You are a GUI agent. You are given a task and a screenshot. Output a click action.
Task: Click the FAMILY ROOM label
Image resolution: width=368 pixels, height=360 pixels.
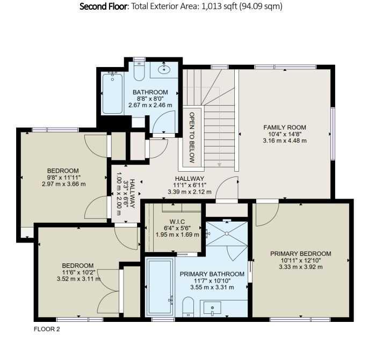(x=285, y=128)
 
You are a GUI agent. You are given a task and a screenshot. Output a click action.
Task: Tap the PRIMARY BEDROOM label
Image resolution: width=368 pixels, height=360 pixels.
(x=301, y=254)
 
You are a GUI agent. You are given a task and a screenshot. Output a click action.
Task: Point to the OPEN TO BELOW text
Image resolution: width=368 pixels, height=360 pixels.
(x=192, y=137)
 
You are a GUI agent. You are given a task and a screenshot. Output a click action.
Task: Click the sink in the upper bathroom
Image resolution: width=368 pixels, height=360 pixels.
(x=164, y=69)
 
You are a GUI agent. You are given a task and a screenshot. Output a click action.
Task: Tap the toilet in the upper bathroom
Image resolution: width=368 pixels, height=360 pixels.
(x=139, y=71)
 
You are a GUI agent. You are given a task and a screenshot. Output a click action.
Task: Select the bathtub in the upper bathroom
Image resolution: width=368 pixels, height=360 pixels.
(x=113, y=93)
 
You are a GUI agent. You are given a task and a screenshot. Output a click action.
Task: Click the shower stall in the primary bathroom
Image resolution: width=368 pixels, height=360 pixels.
(x=227, y=233)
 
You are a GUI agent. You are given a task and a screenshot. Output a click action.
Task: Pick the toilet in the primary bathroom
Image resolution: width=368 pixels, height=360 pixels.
(x=188, y=307)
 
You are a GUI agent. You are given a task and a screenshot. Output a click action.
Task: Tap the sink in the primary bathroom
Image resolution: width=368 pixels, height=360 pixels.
(x=212, y=308)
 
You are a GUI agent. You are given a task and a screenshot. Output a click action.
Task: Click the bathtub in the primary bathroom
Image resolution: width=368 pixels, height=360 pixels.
(x=160, y=287)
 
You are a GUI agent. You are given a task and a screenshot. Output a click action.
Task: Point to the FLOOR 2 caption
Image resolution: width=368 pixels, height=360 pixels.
(x=47, y=329)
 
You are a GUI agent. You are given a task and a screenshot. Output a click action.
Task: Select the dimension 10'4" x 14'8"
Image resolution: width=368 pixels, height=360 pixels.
(x=285, y=134)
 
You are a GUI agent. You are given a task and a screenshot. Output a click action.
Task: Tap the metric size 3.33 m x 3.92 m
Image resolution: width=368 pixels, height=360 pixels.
(x=301, y=267)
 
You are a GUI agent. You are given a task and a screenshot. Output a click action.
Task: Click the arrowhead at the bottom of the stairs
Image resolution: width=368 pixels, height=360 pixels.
(x=219, y=165)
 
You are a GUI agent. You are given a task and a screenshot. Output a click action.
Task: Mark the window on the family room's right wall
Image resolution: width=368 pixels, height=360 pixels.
(x=333, y=134)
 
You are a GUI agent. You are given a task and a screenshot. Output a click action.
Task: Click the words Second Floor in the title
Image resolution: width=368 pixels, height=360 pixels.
(x=103, y=6)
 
